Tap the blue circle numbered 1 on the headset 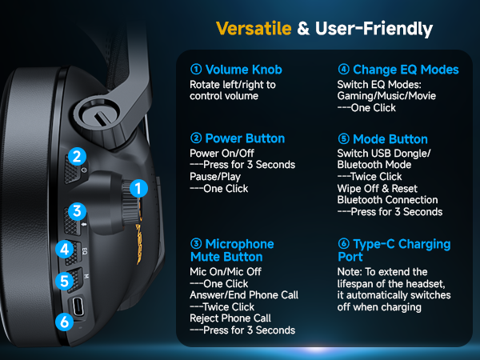[x=138, y=189]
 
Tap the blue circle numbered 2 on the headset [x=77, y=157]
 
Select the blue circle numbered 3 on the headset [x=77, y=211]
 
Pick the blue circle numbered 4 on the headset [x=65, y=249]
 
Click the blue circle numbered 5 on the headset [x=65, y=281]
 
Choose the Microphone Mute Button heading [x=232, y=250]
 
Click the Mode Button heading [x=390, y=138]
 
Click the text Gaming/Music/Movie [x=386, y=95]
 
